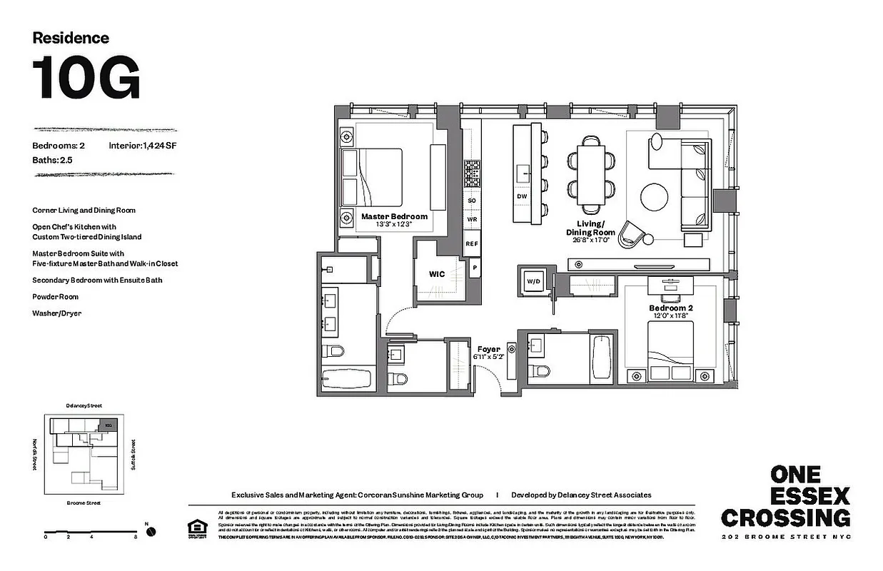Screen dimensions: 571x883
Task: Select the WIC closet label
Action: click(x=437, y=273)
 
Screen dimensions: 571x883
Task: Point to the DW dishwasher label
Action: click(x=522, y=196)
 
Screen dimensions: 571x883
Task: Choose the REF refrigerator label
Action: click(x=471, y=244)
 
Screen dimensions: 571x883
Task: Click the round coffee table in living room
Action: click(x=655, y=198)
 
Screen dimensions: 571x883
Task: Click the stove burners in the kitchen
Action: click(x=472, y=173)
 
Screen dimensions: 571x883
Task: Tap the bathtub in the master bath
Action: click(x=346, y=378)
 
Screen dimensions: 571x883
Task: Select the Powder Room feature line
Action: click(x=55, y=296)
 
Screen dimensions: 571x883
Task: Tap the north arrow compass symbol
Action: click(x=151, y=531)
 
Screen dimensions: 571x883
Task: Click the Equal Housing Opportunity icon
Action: click(x=195, y=528)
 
